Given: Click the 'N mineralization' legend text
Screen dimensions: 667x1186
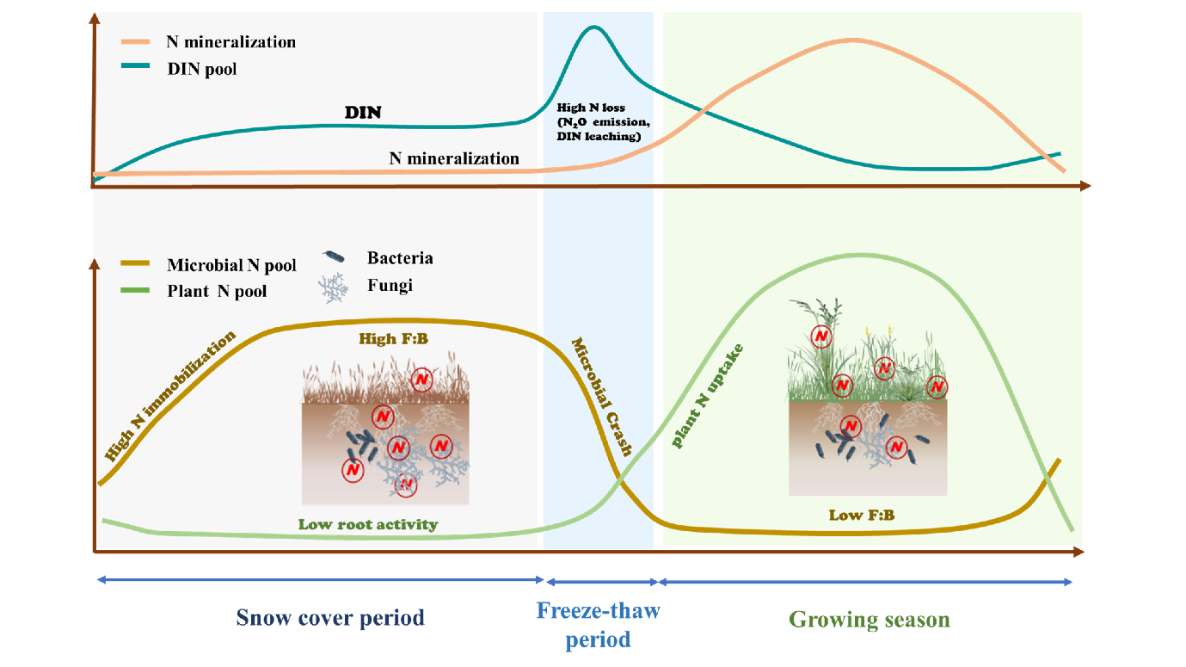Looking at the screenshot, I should (x=230, y=41).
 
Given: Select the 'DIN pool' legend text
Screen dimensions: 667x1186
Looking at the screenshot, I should (x=201, y=69).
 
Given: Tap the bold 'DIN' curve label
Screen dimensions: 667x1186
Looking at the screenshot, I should (x=362, y=113).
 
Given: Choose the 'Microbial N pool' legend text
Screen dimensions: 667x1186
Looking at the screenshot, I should (x=231, y=265).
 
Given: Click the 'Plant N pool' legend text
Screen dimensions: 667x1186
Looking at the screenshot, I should (x=217, y=291).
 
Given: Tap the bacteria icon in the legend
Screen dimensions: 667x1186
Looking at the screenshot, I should (x=334, y=257).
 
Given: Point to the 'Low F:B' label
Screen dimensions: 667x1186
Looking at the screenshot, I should (x=861, y=516).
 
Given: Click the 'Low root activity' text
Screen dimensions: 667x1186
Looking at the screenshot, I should (x=368, y=524).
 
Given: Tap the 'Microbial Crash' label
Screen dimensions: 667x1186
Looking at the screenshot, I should (x=603, y=396).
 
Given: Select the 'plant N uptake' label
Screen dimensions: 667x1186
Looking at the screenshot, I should (x=708, y=396).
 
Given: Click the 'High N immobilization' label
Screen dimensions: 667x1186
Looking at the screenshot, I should (x=169, y=396).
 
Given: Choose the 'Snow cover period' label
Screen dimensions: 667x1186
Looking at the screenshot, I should (x=330, y=618).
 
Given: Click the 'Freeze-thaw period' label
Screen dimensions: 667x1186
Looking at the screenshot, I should (x=598, y=625).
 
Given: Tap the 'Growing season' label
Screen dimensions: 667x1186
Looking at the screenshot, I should (x=870, y=620).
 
